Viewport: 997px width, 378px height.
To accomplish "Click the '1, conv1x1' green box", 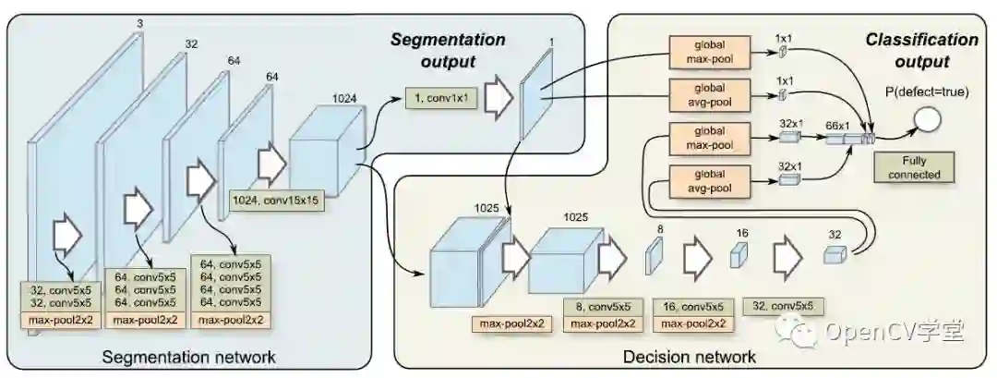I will click(440, 97).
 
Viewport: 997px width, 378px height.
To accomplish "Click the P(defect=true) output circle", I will click(927, 117).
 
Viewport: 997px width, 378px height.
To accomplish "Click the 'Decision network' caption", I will click(690, 356).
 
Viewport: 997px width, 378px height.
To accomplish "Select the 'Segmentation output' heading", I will click(448, 51).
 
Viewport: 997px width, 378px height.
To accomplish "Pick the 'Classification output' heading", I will click(920, 51).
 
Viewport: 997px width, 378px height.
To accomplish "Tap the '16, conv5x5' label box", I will click(690, 306).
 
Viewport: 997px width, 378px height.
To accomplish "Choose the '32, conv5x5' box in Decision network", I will click(782, 306).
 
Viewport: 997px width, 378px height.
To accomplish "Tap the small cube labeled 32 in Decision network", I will click(834, 254).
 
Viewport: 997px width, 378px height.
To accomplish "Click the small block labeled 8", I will click(653, 254).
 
